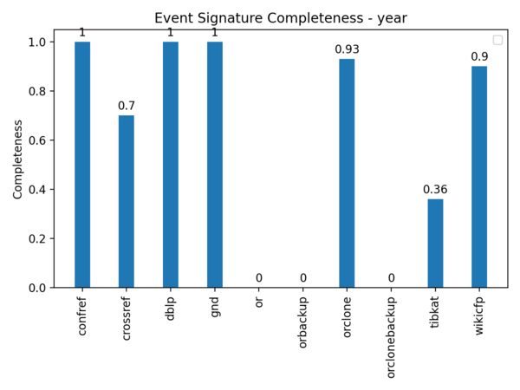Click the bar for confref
point(82,165)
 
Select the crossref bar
point(127,201)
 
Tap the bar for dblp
point(171,165)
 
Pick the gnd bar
point(215,165)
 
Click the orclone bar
point(347,173)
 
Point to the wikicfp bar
point(479,177)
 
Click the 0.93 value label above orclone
point(347,49)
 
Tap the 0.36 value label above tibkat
point(435,190)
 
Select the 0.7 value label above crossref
point(127,107)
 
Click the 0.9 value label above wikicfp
point(479,57)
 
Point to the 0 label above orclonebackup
point(391,278)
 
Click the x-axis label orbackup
point(303,322)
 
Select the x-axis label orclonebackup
point(392,337)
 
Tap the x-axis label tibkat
point(436,316)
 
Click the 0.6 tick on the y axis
point(39,140)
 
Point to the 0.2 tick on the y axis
point(39,238)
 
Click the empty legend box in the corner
point(497,40)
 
